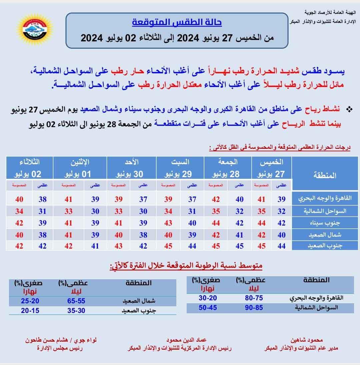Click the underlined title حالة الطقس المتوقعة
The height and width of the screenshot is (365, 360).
click(177, 23)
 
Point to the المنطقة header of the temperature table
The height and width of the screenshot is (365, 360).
click(325, 175)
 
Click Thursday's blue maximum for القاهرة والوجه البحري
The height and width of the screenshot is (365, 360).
click(282, 199)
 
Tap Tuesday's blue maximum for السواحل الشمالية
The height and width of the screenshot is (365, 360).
click(42, 211)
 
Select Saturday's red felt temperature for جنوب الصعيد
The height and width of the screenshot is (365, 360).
click(168, 246)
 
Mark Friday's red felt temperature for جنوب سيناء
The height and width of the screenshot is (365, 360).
click(216, 223)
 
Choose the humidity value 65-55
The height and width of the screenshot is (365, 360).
click(76, 301)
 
